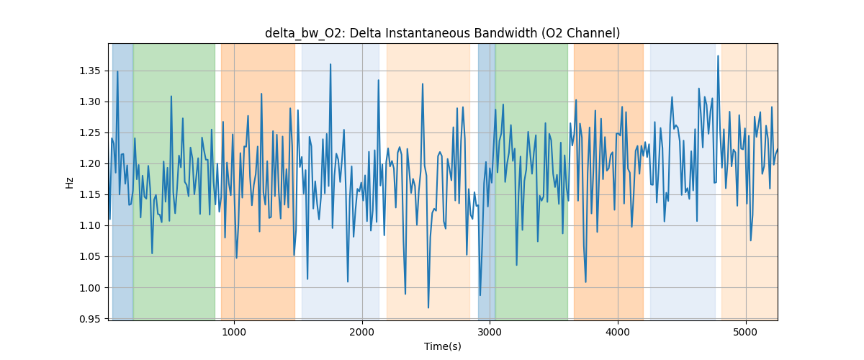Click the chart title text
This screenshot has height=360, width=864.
[442, 33]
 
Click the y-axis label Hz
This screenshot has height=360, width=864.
[70, 182]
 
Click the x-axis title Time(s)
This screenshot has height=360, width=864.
[442, 346]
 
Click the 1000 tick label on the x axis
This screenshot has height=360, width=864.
[234, 332]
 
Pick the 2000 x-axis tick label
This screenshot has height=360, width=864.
[362, 332]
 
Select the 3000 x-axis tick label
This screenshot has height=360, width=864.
[490, 332]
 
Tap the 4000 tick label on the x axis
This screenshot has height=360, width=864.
[618, 332]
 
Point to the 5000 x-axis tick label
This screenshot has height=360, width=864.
[746, 332]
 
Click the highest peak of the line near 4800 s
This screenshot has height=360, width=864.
[718, 56]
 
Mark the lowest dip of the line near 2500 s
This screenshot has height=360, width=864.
[428, 307]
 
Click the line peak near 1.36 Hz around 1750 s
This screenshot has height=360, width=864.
[330, 65]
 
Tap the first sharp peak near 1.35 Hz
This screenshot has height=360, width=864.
[117, 71]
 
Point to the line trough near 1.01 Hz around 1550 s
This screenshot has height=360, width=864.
[307, 279]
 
